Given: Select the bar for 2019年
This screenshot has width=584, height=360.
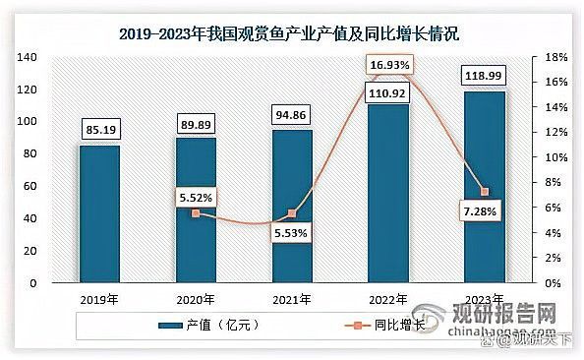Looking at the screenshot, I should point(99,213).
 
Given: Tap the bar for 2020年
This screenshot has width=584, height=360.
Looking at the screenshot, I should point(196,210).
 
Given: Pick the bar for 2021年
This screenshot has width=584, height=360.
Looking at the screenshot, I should point(292,206).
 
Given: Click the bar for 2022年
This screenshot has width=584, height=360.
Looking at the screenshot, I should point(388,193).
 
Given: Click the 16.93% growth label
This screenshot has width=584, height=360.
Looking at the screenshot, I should point(388,66).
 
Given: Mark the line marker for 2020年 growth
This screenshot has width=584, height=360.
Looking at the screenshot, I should point(196,213).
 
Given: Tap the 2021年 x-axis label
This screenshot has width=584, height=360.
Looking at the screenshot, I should point(292,299).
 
